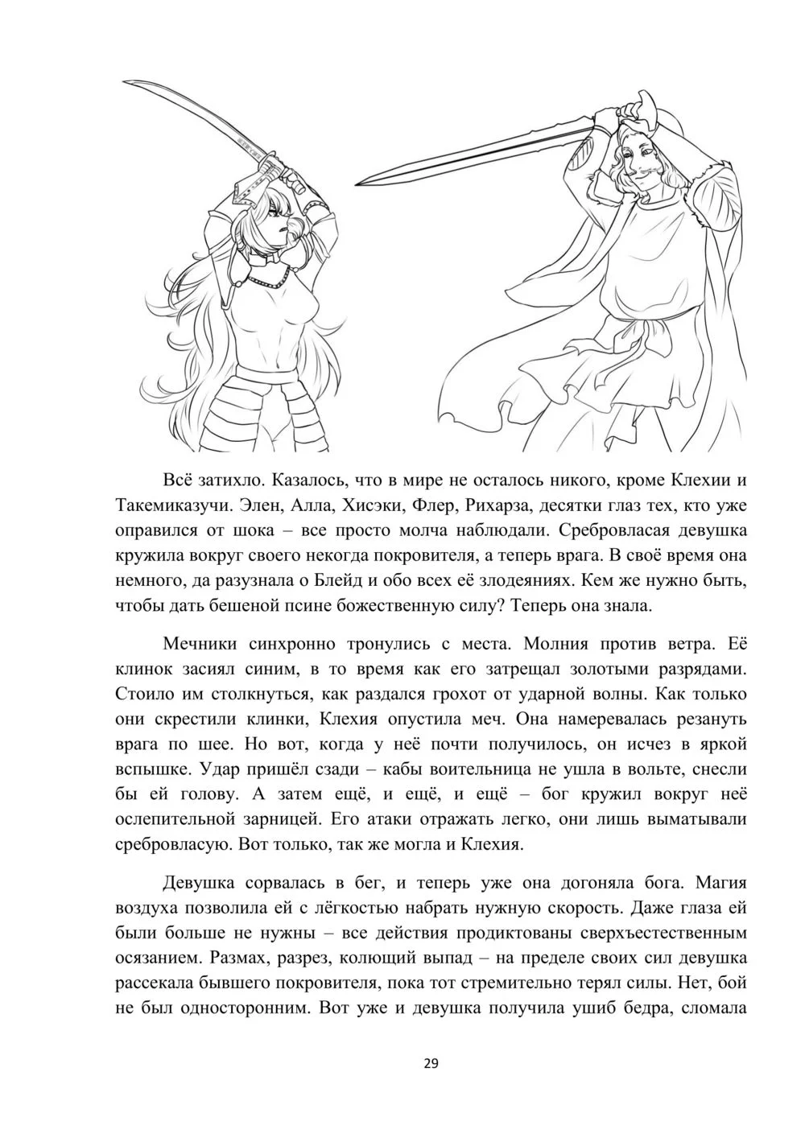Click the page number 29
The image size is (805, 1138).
click(431, 1064)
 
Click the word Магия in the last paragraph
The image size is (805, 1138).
click(718, 882)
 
